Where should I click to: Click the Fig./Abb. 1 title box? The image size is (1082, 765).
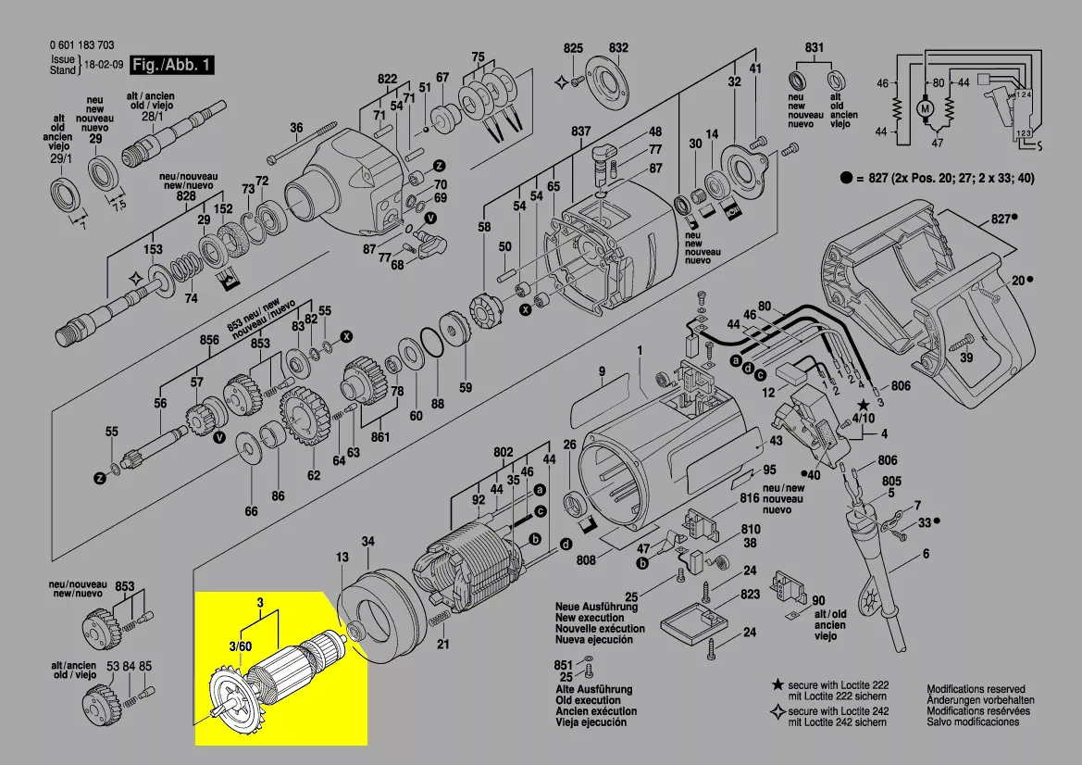173,65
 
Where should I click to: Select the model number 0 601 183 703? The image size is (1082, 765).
81,45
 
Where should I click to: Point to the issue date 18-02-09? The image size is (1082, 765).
105,66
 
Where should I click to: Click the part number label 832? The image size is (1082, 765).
618,47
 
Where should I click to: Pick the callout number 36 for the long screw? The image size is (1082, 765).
296,128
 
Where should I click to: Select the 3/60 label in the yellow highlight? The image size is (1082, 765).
240,646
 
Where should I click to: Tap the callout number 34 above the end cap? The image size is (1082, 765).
367,541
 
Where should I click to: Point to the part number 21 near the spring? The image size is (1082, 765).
443,645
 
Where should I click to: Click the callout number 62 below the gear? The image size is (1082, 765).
314,475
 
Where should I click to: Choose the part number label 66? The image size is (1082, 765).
251,511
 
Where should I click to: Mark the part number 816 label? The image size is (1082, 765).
749,497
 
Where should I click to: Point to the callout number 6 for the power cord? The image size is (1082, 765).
924,556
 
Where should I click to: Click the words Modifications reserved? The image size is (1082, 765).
976,689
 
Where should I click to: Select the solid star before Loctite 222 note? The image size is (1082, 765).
778,684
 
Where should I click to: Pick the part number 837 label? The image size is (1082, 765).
580,132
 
